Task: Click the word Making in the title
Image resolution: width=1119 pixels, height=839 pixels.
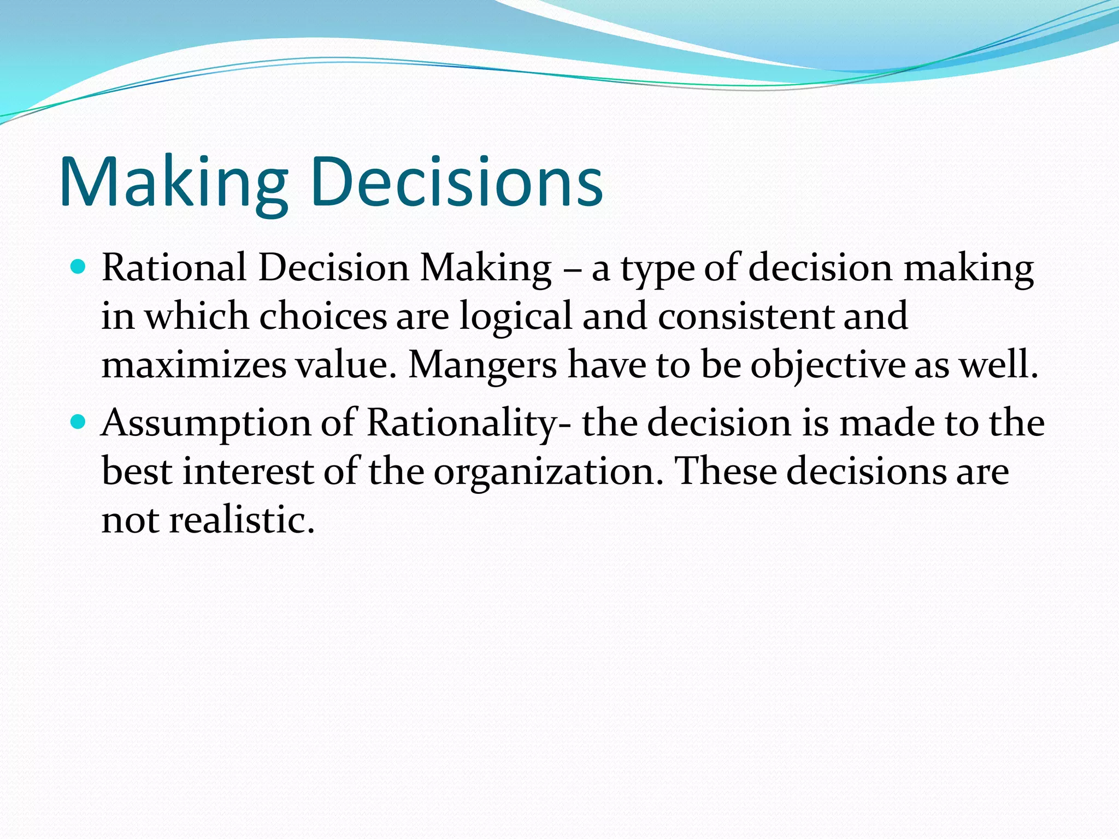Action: [174, 182]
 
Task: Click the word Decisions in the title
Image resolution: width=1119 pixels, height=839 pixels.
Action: [457, 182]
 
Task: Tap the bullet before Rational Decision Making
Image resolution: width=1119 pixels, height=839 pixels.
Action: [79, 267]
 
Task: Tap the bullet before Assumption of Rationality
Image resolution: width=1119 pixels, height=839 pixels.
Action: [79, 422]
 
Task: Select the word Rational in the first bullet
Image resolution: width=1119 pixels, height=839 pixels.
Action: [174, 268]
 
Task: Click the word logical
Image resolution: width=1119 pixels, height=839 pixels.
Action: [515, 317]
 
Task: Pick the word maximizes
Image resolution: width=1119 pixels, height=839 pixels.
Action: [194, 365]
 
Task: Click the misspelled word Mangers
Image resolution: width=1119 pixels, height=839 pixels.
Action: [482, 365]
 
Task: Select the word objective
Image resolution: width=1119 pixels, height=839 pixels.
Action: [827, 365]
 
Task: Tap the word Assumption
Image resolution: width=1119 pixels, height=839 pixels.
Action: [205, 424]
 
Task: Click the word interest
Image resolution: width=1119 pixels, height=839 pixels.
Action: [248, 471]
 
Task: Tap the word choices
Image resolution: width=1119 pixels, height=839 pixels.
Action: [322, 317]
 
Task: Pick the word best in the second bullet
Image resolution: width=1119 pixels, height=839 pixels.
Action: [137, 471]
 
